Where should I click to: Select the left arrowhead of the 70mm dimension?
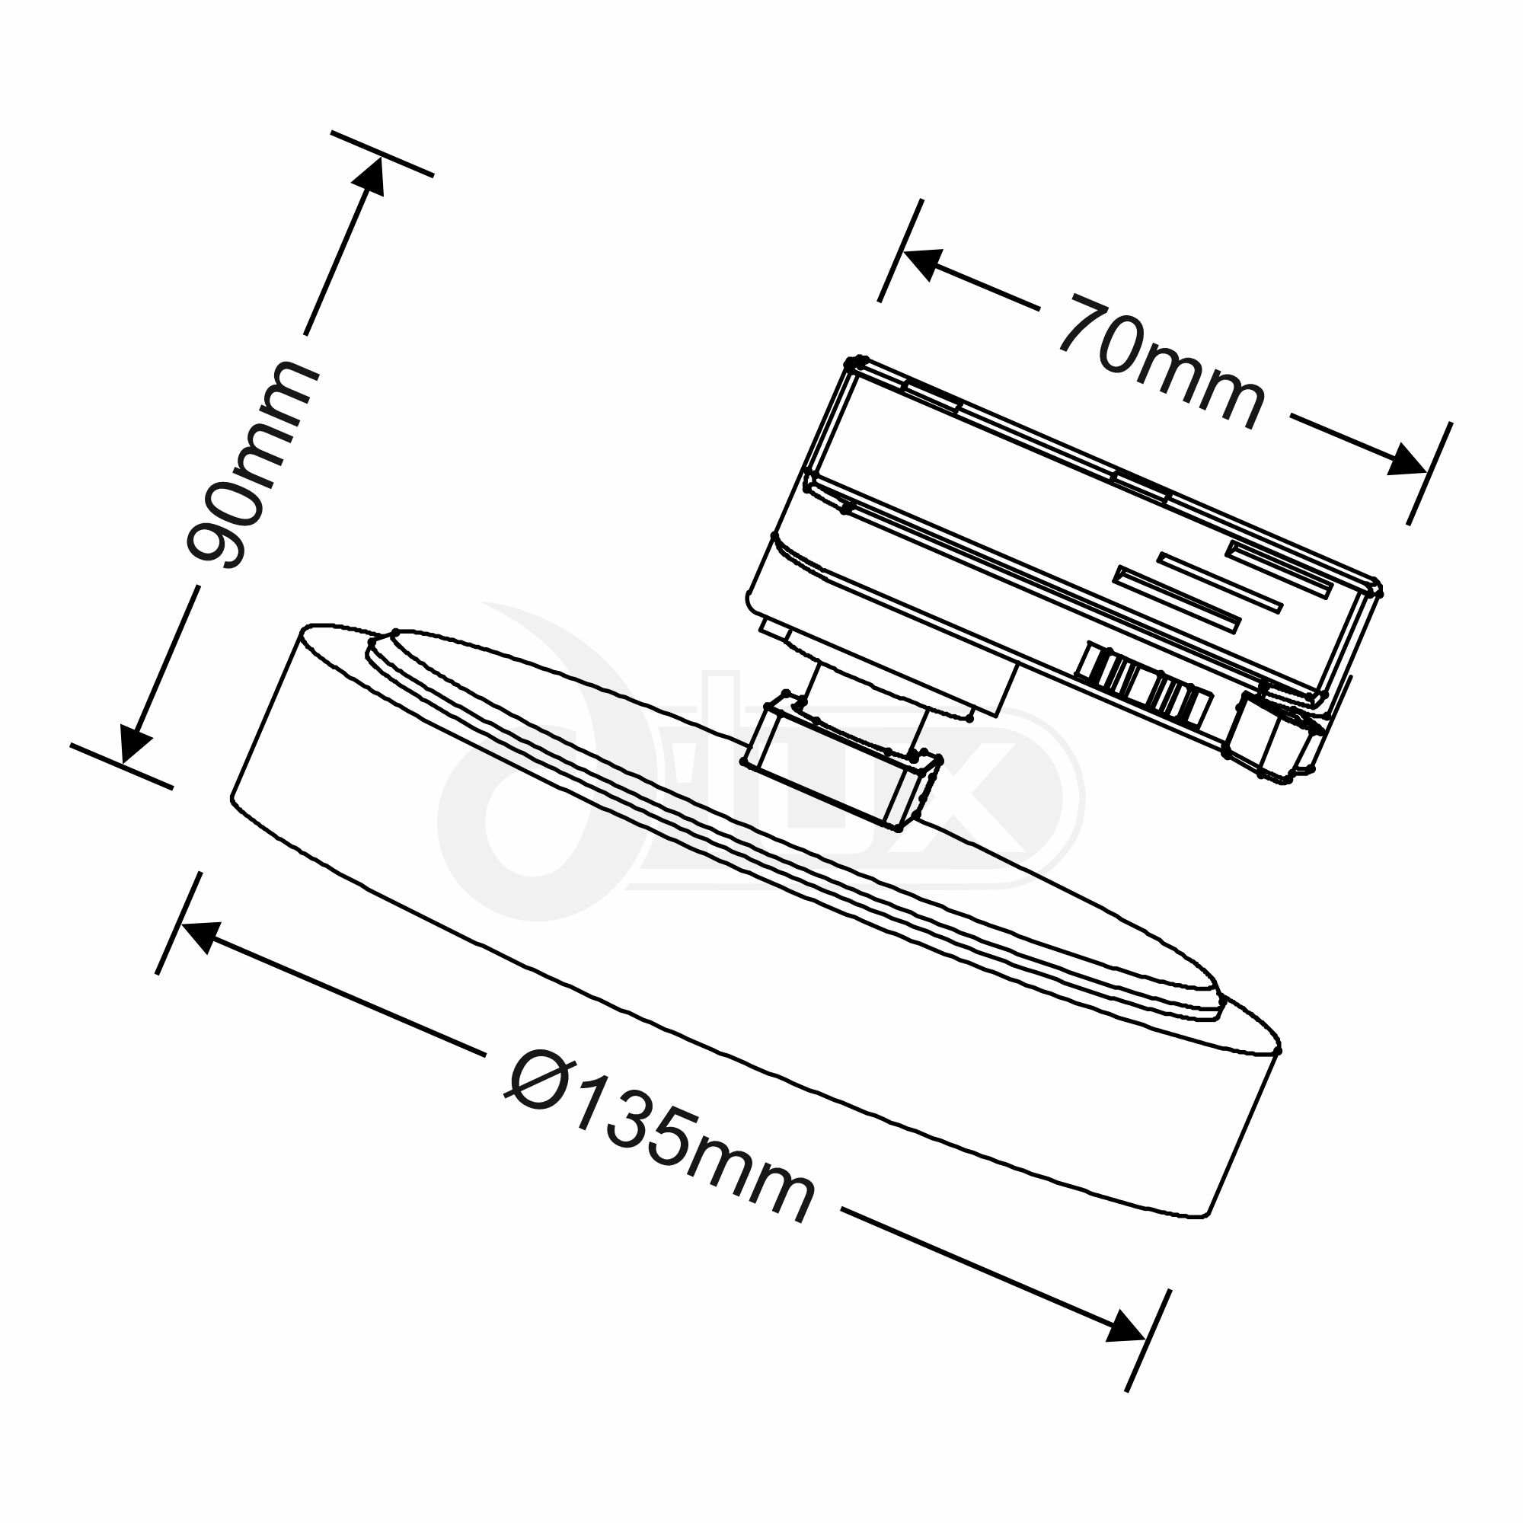(923, 263)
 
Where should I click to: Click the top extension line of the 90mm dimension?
(382, 154)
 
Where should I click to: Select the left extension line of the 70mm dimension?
(899, 251)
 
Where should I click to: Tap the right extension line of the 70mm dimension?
(1429, 473)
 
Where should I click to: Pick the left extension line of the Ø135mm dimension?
(179, 923)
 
